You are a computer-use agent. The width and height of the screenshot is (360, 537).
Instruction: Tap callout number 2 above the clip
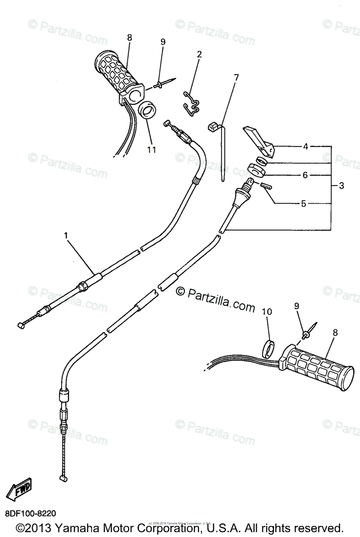click(x=199, y=55)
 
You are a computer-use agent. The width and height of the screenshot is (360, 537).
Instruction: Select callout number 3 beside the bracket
click(x=341, y=186)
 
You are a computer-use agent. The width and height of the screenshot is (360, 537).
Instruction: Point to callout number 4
click(x=305, y=146)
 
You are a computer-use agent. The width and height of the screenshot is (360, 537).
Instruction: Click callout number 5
click(x=303, y=204)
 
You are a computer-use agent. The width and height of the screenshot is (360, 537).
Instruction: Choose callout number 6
click(x=305, y=175)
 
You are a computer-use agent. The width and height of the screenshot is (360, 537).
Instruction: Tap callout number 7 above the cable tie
click(x=236, y=77)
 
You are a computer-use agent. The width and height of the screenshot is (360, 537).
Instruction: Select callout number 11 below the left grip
click(x=151, y=150)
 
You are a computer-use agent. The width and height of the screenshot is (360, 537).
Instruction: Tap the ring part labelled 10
click(x=268, y=349)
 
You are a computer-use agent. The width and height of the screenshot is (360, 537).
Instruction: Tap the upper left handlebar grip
click(x=117, y=75)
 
